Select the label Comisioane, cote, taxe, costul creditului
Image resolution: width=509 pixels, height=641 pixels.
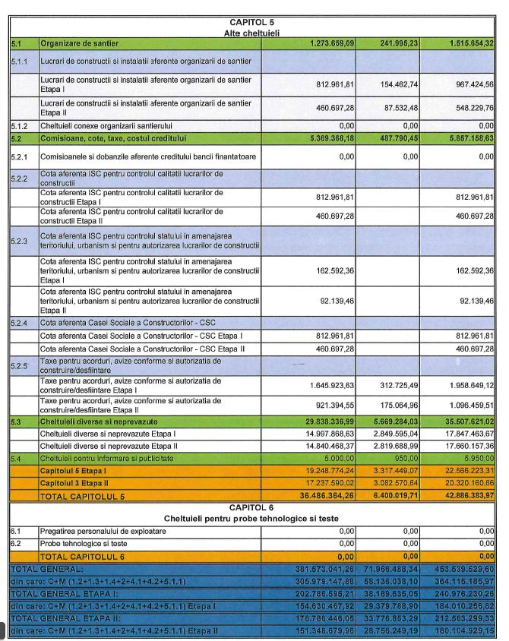pos(112,138)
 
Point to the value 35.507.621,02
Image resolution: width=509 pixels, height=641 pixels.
pos(464,421)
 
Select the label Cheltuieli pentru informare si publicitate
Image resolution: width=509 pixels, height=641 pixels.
pos(106,459)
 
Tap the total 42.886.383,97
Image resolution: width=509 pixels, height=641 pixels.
pos(464,496)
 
